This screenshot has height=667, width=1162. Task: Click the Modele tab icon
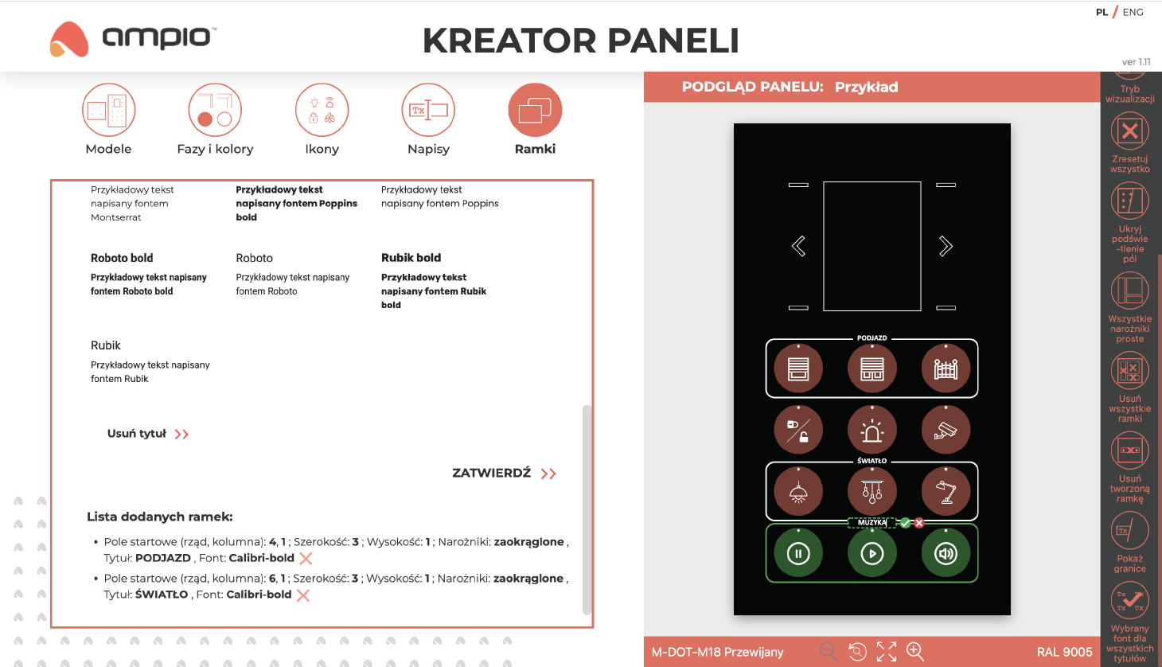[109, 110]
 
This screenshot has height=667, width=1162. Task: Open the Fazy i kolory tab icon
[215, 110]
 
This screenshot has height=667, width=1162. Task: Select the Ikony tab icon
[322, 110]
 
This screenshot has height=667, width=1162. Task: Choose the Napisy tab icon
[428, 110]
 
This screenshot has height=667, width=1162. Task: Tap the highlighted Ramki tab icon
[535, 110]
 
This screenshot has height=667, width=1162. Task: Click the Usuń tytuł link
[148, 434]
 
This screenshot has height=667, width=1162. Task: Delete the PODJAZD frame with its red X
[306, 559]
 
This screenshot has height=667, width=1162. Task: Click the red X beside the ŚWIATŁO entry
[303, 595]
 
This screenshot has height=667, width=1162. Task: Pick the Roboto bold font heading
[122, 258]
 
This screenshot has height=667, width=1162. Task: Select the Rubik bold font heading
[411, 258]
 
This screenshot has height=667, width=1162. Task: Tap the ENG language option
[1133, 12]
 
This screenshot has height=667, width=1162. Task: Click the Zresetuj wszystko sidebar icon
[1130, 131]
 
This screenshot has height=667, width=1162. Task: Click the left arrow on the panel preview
[798, 246]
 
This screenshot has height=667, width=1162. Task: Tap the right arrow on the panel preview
[946, 246]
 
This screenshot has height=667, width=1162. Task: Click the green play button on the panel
[872, 553]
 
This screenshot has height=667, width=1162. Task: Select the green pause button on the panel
[798, 553]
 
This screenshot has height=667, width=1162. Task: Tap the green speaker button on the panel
[946, 553]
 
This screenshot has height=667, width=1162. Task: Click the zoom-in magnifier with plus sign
[915, 652]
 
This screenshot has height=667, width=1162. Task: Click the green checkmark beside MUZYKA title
[905, 523]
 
